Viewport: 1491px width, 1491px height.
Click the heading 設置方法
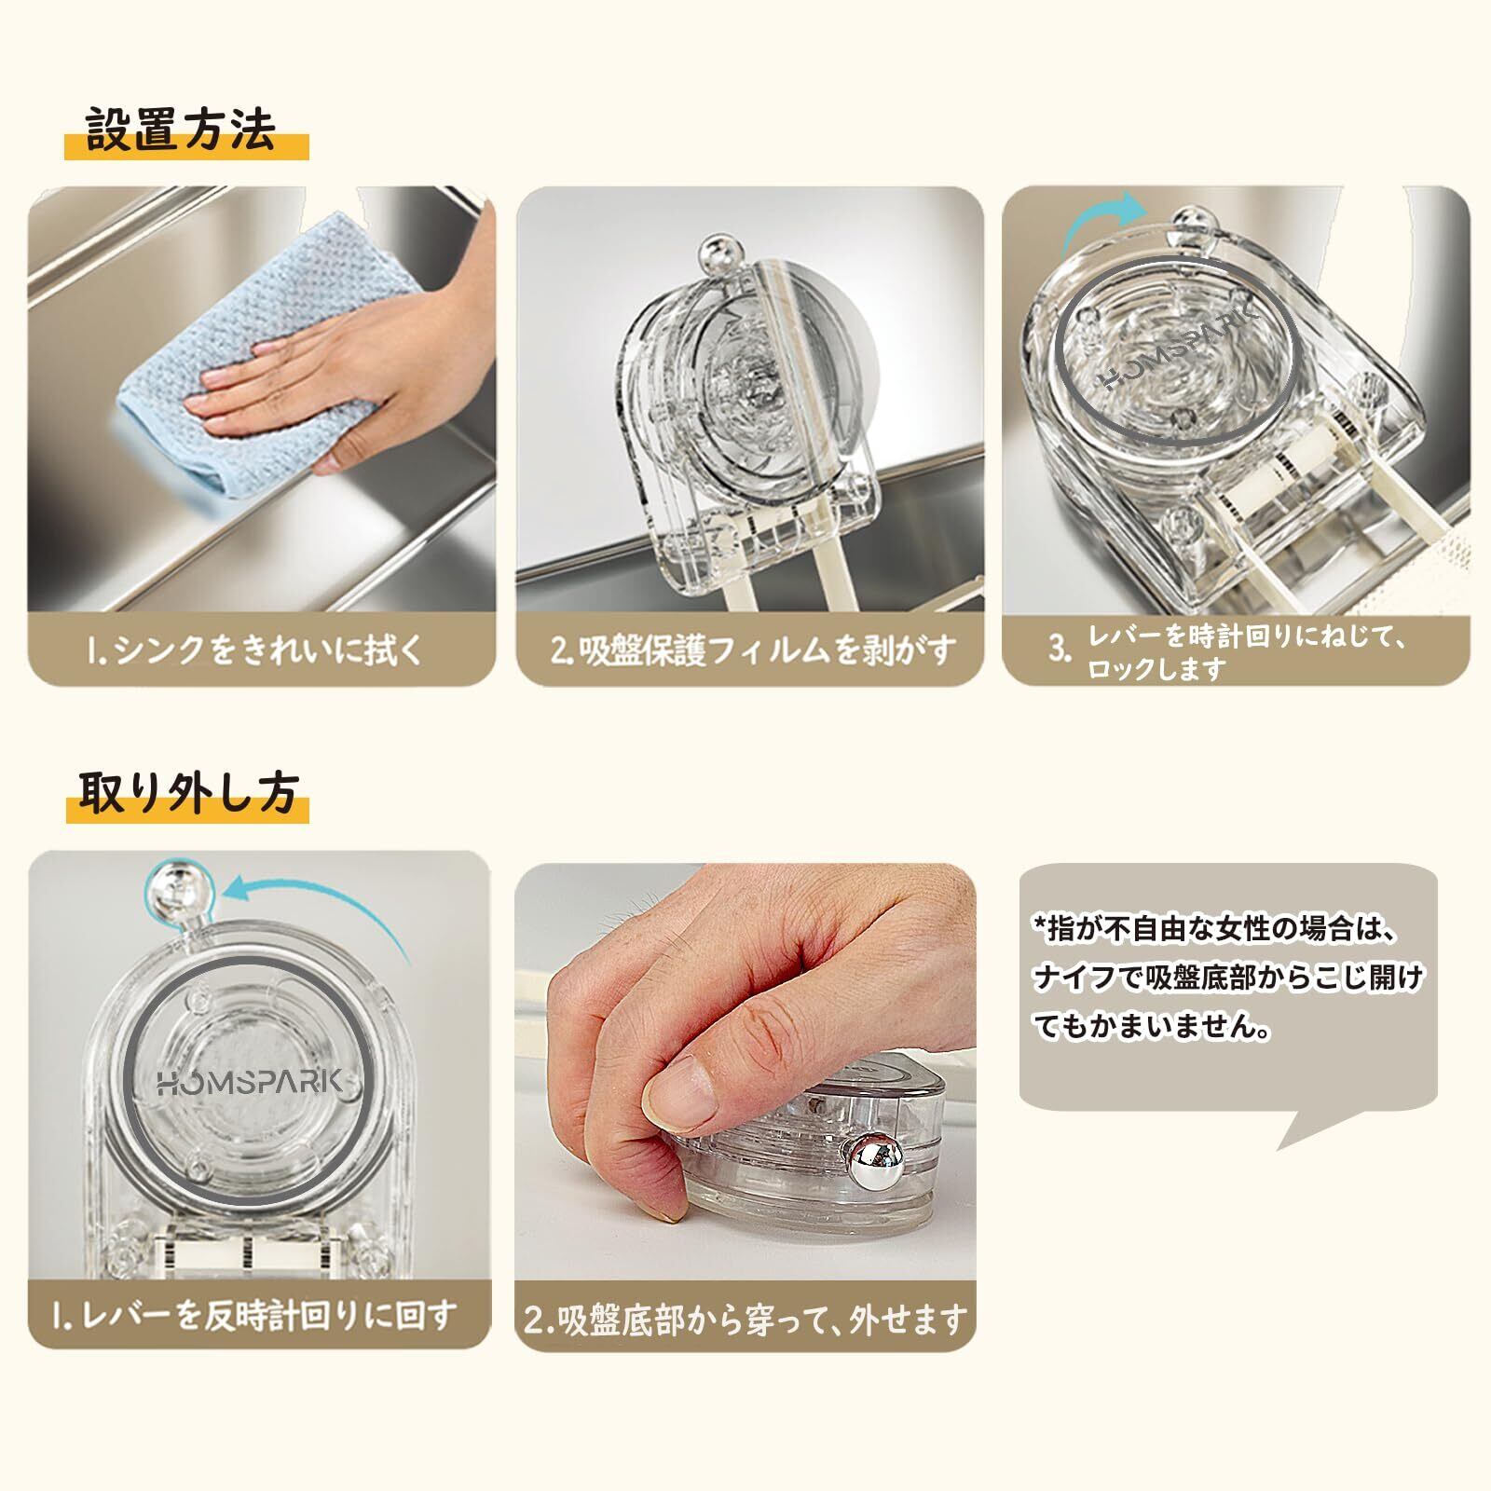coord(182,130)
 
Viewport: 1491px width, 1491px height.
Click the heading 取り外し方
coord(187,793)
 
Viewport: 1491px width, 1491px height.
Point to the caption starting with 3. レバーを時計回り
coord(1230,651)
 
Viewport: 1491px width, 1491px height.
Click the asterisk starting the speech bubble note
coord(1040,925)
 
